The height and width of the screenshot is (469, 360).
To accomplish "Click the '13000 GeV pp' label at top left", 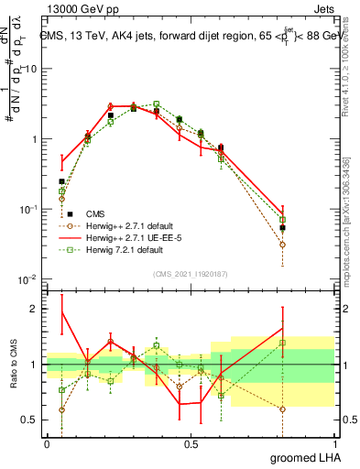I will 78,7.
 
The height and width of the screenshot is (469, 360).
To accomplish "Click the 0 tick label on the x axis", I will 46,443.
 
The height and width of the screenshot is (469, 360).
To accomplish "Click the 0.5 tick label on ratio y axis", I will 27,420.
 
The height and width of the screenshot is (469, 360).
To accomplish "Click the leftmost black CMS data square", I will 61,181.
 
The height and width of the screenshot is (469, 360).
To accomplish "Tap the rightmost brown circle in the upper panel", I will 282,245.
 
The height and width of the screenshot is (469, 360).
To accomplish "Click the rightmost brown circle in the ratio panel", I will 282,409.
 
